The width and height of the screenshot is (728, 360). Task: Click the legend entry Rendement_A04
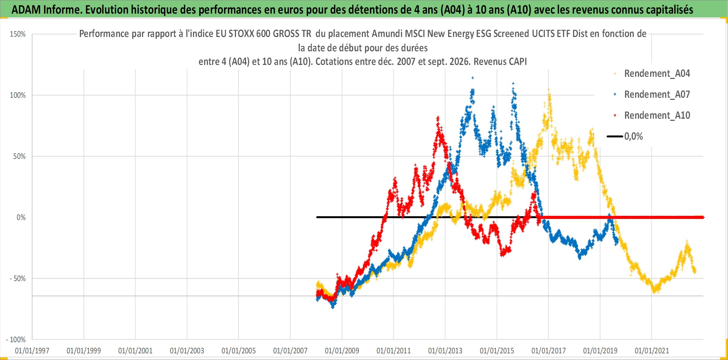point(657,74)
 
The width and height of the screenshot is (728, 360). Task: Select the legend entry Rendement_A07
point(657,95)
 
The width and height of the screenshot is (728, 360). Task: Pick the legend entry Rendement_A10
point(657,116)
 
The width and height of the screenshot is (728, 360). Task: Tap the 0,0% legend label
point(633,137)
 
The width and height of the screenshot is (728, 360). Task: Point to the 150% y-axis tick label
point(18,34)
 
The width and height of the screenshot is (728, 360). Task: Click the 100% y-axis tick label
point(18,95)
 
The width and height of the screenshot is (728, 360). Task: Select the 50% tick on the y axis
point(20,156)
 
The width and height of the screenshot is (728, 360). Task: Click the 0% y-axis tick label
point(21,218)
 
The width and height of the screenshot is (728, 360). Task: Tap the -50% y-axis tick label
point(18,279)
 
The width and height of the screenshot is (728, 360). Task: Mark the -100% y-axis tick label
point(16,339)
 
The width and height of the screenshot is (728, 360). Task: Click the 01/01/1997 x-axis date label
point(32,351)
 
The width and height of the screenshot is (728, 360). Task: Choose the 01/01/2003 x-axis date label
point(187,351)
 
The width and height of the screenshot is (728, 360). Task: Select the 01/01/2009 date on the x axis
point(342,351)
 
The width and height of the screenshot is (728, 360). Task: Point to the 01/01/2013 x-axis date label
point(445,351)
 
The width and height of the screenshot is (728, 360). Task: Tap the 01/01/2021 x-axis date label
point(652,351)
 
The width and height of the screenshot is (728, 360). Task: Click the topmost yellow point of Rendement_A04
point(549,90)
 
